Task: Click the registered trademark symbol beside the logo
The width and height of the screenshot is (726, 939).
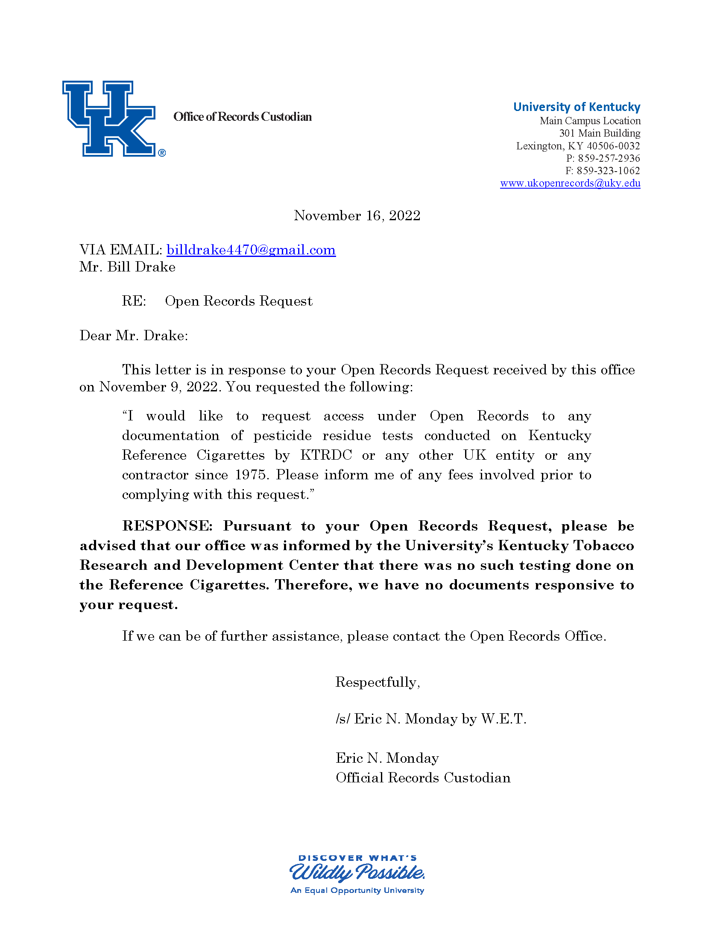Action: pos(162,153)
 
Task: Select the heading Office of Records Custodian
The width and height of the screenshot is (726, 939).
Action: pos(242,117)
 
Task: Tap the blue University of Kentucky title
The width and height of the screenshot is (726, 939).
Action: pos(577,107)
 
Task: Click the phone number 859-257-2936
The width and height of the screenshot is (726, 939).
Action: pos(608,158)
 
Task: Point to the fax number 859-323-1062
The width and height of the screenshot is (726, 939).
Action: pos(608,171)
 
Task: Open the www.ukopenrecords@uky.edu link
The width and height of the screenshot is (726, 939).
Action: pos(570,183)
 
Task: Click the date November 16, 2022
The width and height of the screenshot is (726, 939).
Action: pos(357,216)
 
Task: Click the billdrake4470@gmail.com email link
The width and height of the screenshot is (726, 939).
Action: pos(251,250)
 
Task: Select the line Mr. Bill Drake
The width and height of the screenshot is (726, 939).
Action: pos(127,267)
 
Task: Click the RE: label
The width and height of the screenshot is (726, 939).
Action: pos(134,301)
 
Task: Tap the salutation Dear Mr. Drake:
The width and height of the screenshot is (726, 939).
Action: pos(134,335)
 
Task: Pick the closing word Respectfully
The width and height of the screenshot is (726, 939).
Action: pos(377,682)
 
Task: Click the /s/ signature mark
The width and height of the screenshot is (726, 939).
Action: pos(343,719)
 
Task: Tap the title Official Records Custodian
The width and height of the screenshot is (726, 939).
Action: pos(423,778)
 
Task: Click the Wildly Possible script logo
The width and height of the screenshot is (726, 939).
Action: pos(357,873)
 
